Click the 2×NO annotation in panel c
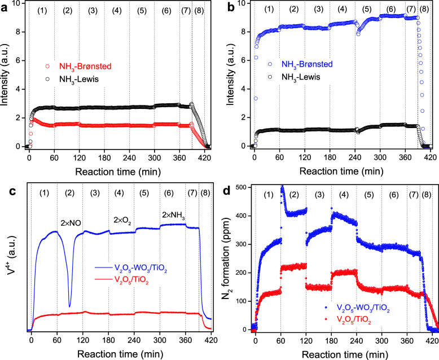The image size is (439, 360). coord(72,224)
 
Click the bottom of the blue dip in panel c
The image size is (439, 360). coord(70,306)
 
